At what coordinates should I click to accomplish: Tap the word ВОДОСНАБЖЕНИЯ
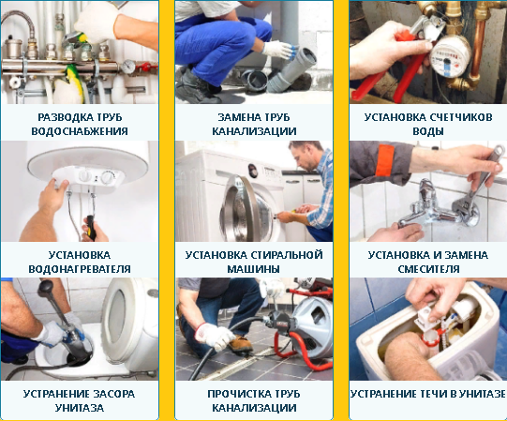[80, 131]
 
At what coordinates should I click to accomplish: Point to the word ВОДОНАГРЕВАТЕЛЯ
[80, 269]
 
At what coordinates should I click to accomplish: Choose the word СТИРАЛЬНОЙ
[287, 255]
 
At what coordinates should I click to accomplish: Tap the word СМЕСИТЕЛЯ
[428, 269]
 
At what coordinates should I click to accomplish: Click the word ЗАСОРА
[113, 394]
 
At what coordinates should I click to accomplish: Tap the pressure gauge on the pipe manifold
[128, 67]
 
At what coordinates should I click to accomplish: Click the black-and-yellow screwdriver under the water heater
[91, 228]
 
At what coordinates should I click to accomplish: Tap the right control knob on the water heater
[108, 177]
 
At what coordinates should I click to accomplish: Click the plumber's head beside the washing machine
[305, 157]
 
